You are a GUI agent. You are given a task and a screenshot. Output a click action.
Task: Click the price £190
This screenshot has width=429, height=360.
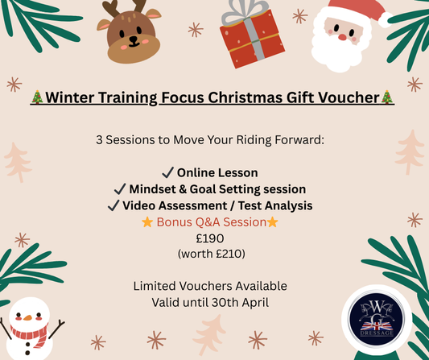click(214, 238)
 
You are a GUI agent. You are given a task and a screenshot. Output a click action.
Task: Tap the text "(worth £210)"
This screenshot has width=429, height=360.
click(214, 254)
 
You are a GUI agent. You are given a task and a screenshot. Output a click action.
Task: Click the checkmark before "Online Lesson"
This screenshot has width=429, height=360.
click(167, 173)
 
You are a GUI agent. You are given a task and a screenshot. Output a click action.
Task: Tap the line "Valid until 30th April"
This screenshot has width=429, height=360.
click(213, 301)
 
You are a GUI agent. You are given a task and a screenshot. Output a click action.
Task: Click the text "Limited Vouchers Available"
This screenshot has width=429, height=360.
click(214, 285)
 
